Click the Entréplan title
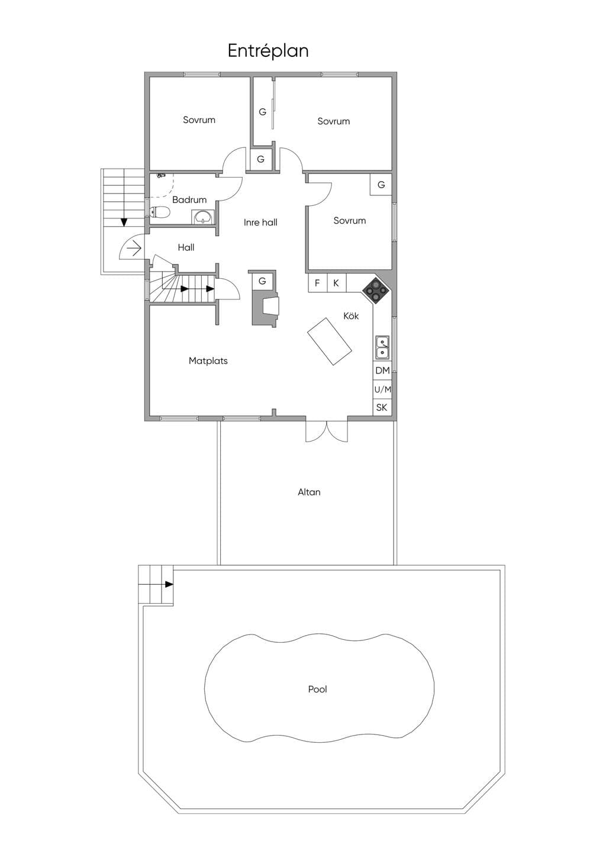(268, 51)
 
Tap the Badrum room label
(189, 199)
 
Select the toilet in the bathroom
(160, 211)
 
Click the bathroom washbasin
(203, 217)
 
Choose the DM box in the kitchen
(382, 370)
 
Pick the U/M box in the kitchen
(382, 389)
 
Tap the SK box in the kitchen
(382, 407)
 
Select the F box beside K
(318, 283)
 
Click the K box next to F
(336, 283)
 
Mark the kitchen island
(330, 341)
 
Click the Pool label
(318, 689)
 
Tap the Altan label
(309, 492)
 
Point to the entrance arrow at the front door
(134, 249)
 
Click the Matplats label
(208, 361)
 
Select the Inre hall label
(260, 223)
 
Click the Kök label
(351, 315)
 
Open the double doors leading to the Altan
(327, 431)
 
